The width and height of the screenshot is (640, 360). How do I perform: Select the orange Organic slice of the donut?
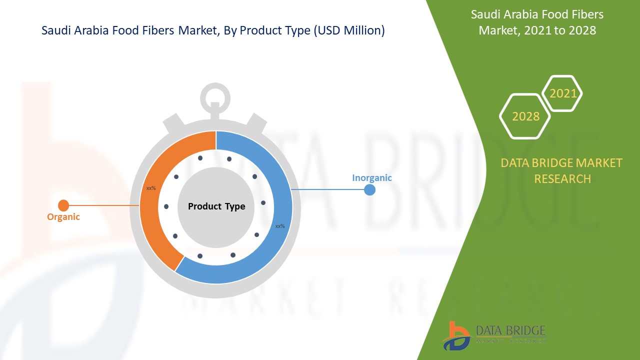150,215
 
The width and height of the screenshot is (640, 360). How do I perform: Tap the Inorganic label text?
371,177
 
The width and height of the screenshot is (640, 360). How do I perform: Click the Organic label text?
63,217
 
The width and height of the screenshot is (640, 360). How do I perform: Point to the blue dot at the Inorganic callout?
369,190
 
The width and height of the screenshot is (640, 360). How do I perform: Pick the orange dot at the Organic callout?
63,205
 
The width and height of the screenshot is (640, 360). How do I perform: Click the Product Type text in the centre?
216,206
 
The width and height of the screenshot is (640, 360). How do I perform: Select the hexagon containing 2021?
562,93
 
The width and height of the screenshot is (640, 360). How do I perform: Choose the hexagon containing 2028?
525,116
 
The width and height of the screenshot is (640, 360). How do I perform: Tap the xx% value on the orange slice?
151,188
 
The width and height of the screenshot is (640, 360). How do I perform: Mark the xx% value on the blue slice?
280,226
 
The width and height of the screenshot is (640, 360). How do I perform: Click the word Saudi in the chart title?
55,30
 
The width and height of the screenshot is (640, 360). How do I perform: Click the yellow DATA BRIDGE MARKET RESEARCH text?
562,170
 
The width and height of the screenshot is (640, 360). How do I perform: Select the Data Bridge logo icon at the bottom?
456,335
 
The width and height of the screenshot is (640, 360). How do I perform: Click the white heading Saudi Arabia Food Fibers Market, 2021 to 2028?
537,22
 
